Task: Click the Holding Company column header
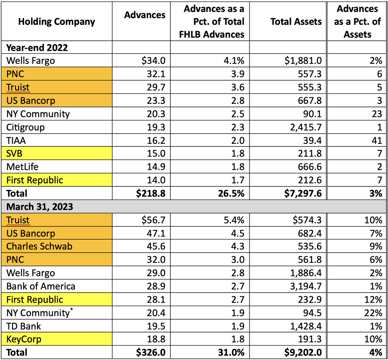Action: pyautogui.click(x=56, y=21)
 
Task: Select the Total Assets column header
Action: pyautogui.click(x=296, y=21)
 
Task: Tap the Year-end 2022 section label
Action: pyautogui.click(x=37, y=48)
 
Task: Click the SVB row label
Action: pyautogui.click(x=14, y=153)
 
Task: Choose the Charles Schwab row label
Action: pyautogui.click(x=39, y=246)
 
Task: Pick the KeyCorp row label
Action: pyautogui.click(x=24, y=339)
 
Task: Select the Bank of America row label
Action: pyautogui.click(x=41, y=286)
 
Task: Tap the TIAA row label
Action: pyautogui.click(x=16, y=140)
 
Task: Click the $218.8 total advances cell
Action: pyautogui.click(x=151, y=193)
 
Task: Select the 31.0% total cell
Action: pyautogui.click(x=231, y=352)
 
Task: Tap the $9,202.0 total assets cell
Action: pyautogui.click(x=298, y=352)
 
